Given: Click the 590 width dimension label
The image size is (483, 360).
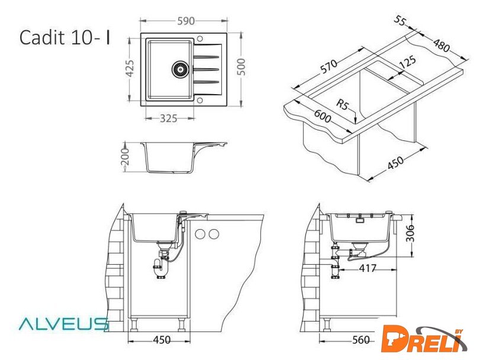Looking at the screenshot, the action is tap(186, 21).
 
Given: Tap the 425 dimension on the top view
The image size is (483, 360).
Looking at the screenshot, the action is tap(130, 69).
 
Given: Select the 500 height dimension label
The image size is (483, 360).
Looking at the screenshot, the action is tap(242, 67).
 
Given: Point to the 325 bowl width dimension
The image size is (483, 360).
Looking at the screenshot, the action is tap(169, 118).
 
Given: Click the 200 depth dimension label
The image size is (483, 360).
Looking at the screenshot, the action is tap(125, 156).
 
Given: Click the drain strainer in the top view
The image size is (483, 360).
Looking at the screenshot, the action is tap(180, 69).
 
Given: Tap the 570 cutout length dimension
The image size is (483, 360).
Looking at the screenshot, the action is tap(329, 66).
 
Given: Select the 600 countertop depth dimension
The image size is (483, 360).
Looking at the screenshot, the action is tap(323, 116).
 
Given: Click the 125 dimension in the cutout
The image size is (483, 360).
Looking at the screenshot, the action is tap(408, 62).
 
